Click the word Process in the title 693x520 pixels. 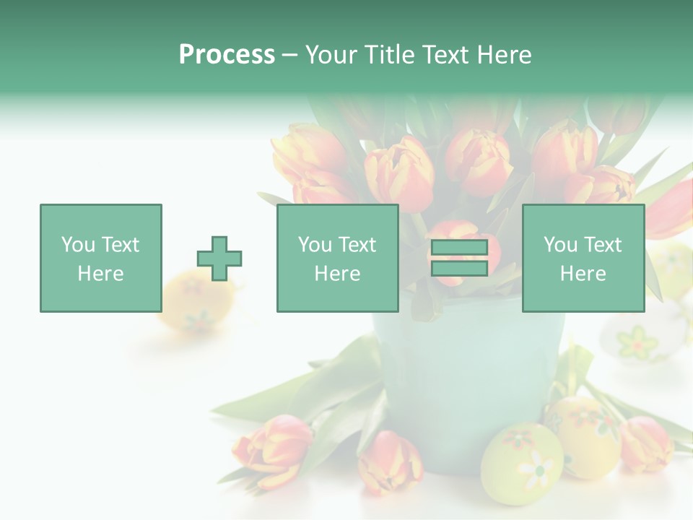point(227,55)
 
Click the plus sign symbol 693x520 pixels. point(219,259)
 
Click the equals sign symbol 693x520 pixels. point(459,258)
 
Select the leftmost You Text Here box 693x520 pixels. point(100,258)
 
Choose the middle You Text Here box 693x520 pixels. point(337,258)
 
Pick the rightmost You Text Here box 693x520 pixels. point(583,258)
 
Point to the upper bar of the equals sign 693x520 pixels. point(459,248)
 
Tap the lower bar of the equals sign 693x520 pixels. point(459,268)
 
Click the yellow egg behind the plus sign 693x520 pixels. point(189,300)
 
